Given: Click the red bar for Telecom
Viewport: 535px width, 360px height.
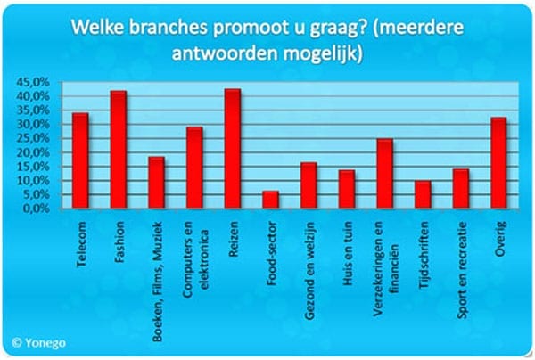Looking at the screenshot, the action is pyautogui.click(x=80, y=160).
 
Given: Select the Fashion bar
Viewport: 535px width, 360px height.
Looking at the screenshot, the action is pyautogui.click(x=119, y=150).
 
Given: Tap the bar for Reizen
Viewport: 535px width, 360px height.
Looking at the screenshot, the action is pyautogui.click(x=233, y=148).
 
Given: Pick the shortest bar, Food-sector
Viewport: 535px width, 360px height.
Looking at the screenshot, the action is pyautogui.click(x=270, y=200).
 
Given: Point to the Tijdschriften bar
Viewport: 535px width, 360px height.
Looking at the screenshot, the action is pyautogui.click(x=423, y=194).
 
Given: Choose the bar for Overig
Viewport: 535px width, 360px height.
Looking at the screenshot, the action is pyautogui.click(x=498, y=162).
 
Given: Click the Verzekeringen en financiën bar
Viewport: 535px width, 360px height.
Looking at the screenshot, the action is pyautogui.click(x=385, y=173).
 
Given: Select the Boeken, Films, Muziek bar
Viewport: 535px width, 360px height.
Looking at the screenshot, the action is pyautogui.click(x=157, y=183).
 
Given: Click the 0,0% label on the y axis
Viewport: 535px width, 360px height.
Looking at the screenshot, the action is pyautogui.click(x=37, y=209).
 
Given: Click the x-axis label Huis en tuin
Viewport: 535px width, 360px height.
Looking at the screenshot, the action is pyautogui.click(x=347, y=252).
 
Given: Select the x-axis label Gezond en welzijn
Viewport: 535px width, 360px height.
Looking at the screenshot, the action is pyautogui.click(x=309, y=271).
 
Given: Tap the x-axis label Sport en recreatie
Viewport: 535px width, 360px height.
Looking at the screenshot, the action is pyautogui.click(x=462, y=270).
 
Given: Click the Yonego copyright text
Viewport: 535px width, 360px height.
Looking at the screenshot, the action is pyautogui.click(x=38, y=342).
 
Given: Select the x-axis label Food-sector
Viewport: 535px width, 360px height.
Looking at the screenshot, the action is pyautogui.click(x=272, y=253).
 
